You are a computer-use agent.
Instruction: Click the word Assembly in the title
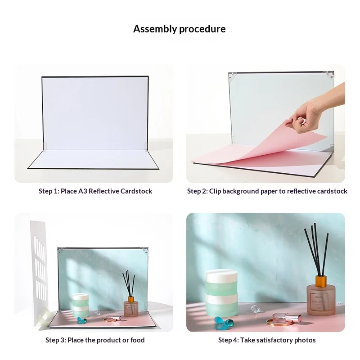(155, 29)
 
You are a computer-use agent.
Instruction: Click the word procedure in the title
(202, 29)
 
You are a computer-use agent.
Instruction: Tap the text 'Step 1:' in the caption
(49, 191)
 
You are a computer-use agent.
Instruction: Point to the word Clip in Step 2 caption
(215, 191)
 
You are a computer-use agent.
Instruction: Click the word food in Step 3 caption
(137, 340)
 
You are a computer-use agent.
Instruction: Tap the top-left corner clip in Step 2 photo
(232, 76)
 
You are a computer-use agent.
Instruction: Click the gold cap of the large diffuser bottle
(321, 281)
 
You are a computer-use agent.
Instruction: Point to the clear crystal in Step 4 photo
(256, 309)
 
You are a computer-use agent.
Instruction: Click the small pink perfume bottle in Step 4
(287, 318)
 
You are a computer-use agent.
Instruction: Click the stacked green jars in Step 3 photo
(81, 306)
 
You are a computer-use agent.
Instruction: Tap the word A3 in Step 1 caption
(82, 191)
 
